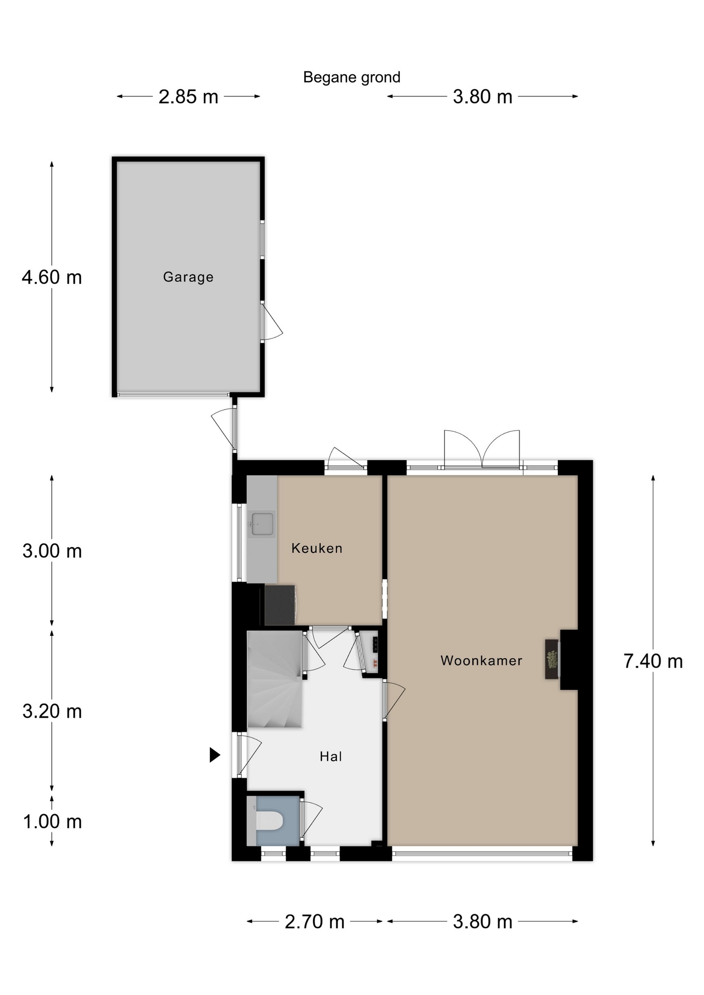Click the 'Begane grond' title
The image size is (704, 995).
click(351, 78)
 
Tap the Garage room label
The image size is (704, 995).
click(188, 277)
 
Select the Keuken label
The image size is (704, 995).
click(317, 548)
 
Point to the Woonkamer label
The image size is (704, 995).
click(481, 661)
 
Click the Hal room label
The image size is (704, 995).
click(331, 757)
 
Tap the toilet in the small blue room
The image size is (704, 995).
click(269, 820)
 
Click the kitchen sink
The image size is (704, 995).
click(261, 524)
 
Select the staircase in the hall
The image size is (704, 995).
click(275, 679)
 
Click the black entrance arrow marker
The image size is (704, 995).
click(215, 755)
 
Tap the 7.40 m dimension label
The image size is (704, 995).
click(653, 661)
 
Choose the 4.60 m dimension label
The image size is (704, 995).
click(52, 277)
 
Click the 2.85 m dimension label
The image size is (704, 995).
click(188, 97)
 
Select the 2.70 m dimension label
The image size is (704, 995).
click(315, 921)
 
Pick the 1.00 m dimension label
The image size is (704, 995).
click(52, 821)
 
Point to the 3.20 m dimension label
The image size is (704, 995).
click(52, 711)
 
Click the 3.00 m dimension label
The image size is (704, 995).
click(52, 551)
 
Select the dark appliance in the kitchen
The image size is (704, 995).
click(280, 605)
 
